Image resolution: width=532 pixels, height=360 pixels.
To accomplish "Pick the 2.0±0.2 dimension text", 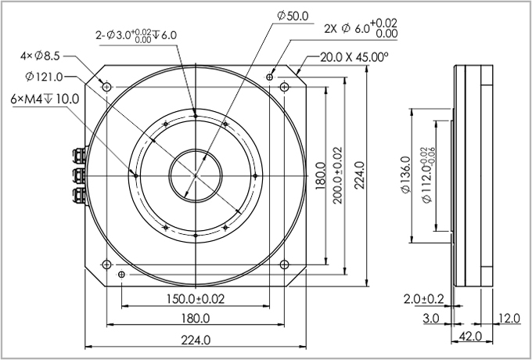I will [x=423, y=299].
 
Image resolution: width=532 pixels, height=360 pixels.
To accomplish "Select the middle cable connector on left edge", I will [x=78, y=174].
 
